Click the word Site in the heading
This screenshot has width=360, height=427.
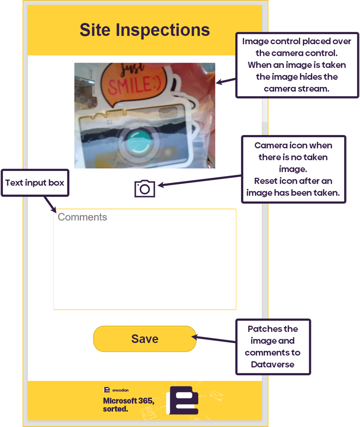click(x=95, y=30)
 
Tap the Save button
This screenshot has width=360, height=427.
click(x=144, y=339)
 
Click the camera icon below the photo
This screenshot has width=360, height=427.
click(x=144, y=188)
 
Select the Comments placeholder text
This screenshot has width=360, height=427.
click(x=82, y=217)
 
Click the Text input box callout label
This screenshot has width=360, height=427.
click(x=35, y=183)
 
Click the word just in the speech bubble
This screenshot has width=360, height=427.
click(x=134, y=69)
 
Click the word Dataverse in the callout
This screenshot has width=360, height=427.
click(x=273, y=364)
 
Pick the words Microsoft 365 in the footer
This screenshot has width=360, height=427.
click(x=128, y=401)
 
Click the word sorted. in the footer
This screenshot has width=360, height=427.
click(x=115, y=409)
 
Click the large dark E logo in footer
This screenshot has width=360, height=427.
click(x=182, y=400)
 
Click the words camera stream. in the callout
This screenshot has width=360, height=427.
click(x=297, y=88)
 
